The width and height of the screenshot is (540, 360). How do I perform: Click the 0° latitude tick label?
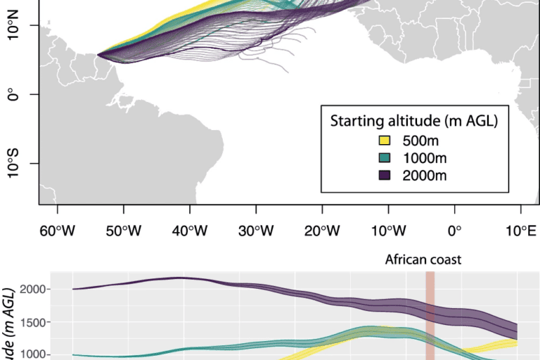[12, 94]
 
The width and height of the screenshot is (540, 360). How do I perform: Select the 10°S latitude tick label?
[12, 163]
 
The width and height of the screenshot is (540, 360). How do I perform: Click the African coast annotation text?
[423, 259]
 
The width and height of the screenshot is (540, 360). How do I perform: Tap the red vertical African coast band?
[430, 316]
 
